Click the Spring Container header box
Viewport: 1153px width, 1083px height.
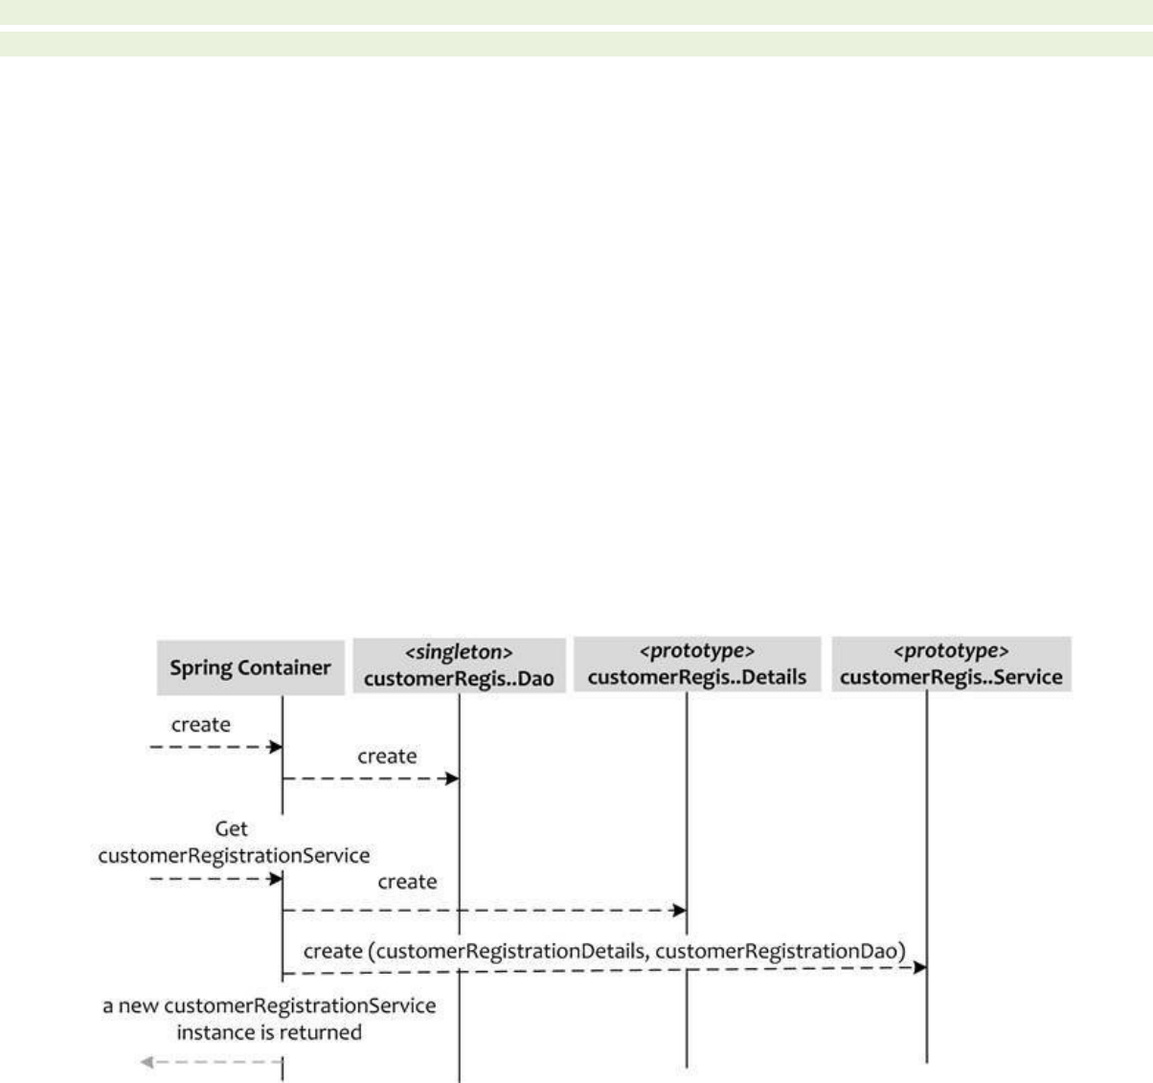tap(250, 666)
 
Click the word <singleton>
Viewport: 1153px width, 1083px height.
tap(459, 653)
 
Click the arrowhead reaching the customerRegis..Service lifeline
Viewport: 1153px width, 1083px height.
tap(919, 968)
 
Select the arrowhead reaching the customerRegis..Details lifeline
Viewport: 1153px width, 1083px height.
tap(679, 910)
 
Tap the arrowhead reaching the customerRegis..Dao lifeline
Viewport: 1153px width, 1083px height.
tap(452, 778)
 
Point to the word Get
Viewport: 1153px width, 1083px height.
tap(233, 829)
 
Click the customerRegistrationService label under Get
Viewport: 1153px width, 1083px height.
tap(235, 854)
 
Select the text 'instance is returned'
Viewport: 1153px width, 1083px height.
tap(269, 1032)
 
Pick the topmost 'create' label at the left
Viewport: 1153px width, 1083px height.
tap(201, 725)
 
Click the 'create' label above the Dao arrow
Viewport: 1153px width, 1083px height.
tap(387, 756)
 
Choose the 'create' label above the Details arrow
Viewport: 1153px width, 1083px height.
tap(407, 881)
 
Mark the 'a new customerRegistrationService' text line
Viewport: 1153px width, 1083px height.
tap(269, 1006)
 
